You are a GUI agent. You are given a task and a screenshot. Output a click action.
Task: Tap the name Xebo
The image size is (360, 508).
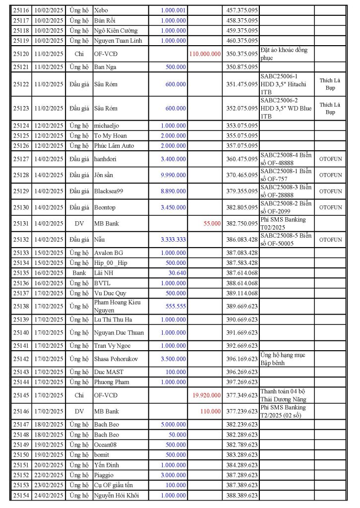[101, 10]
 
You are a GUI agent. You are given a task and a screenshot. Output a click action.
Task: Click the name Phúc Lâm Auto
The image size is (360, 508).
[114, 146]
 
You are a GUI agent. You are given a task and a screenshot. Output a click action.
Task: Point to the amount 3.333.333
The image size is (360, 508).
[173, 240]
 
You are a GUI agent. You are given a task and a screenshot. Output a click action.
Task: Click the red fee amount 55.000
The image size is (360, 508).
[212, 224]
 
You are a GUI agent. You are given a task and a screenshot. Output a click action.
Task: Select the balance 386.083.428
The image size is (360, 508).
[241, 240]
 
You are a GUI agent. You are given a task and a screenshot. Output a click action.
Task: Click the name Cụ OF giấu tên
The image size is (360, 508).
[114, 485]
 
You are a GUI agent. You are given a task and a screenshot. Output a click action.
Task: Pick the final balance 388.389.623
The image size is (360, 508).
[241, 496]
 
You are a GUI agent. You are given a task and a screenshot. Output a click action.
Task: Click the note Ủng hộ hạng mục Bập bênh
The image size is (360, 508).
[283, 359]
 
